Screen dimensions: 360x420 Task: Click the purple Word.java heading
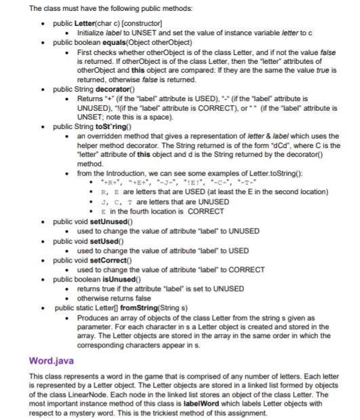tap(54, 360)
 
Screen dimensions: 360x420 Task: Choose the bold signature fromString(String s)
tap(147, 307)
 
